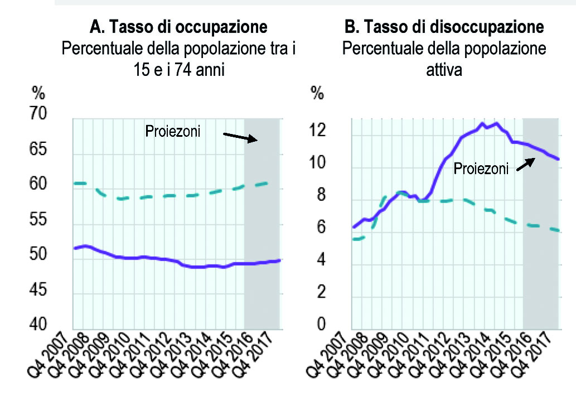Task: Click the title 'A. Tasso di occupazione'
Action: [x=178, y=26]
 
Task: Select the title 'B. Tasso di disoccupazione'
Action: [x=444, y=26]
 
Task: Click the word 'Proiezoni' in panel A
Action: [x=172, y=132]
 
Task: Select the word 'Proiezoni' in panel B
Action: [x=481, y=169]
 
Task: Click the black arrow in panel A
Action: [x=240, y=137]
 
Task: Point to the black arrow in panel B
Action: [x=524, y=162]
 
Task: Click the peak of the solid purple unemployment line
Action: [x=483, y=123]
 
